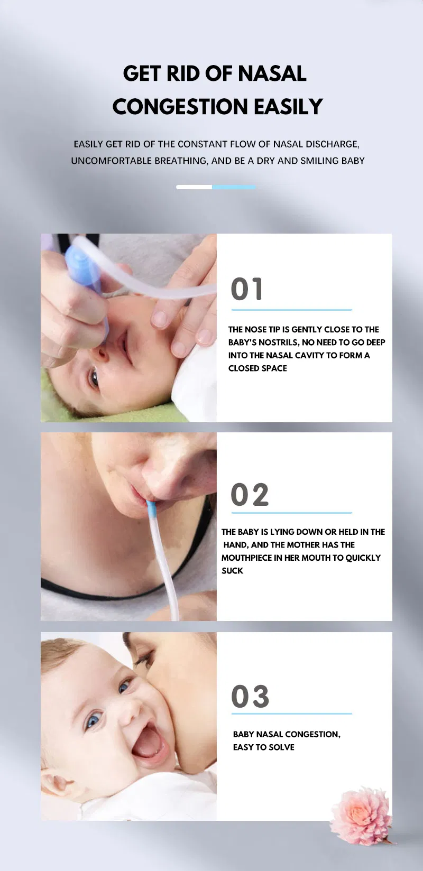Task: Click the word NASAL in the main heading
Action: pyautogui.click(x=272, y=73)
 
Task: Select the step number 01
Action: pyautogui.click(x=246, y=290)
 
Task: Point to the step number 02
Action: pyautogui.click(x=250, y=495)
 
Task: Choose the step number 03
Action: pyautogui.click(x=250, y=696)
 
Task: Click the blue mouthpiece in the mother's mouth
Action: pyautogui.click(x=151, y=510)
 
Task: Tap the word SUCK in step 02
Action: pyautogui.click(x=232, y=571)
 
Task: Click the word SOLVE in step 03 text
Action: pyautogui.click(x=282, y=747)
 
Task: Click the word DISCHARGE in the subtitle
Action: pyautogui.click(x=332, y=144)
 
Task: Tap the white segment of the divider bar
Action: pyautogui.click(x=194, y=187)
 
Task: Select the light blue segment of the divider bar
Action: pyautogui.click(x=234, y=187)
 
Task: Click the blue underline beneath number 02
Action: pyautogui.click(x=291, y=512)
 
